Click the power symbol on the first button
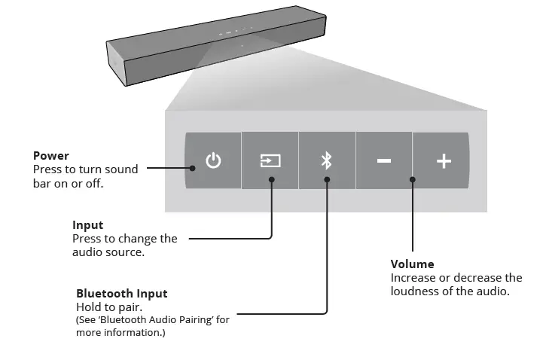[x=214, y=160]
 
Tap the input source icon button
[x=270, y=160]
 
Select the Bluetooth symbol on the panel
[x=327, y=160]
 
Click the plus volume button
[x=444, y=160]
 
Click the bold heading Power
[x=51, y=156]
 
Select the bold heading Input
[x=88, y=225]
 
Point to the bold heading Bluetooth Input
[x=122, y=293]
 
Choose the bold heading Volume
[x=412, y=264]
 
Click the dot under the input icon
[x=271, y=179]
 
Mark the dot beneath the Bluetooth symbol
[x=327, y=179]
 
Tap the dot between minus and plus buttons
[x=413, y=179]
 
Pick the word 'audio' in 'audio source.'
[x=88, y=252]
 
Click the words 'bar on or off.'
[x=68, y=183]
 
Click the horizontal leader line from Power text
[x=166, y=169]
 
